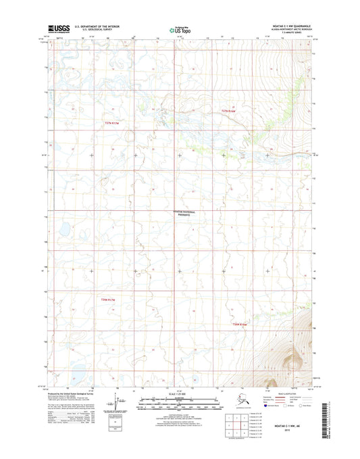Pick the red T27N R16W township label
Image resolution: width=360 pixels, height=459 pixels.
[x=230, y=110]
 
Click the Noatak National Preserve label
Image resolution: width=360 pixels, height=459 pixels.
[x=180, y=214]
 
